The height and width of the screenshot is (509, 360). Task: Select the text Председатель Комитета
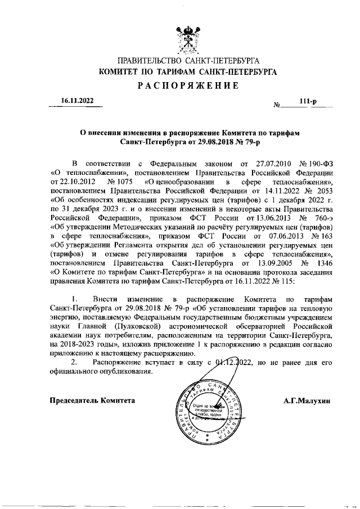(x=93, y=400)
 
